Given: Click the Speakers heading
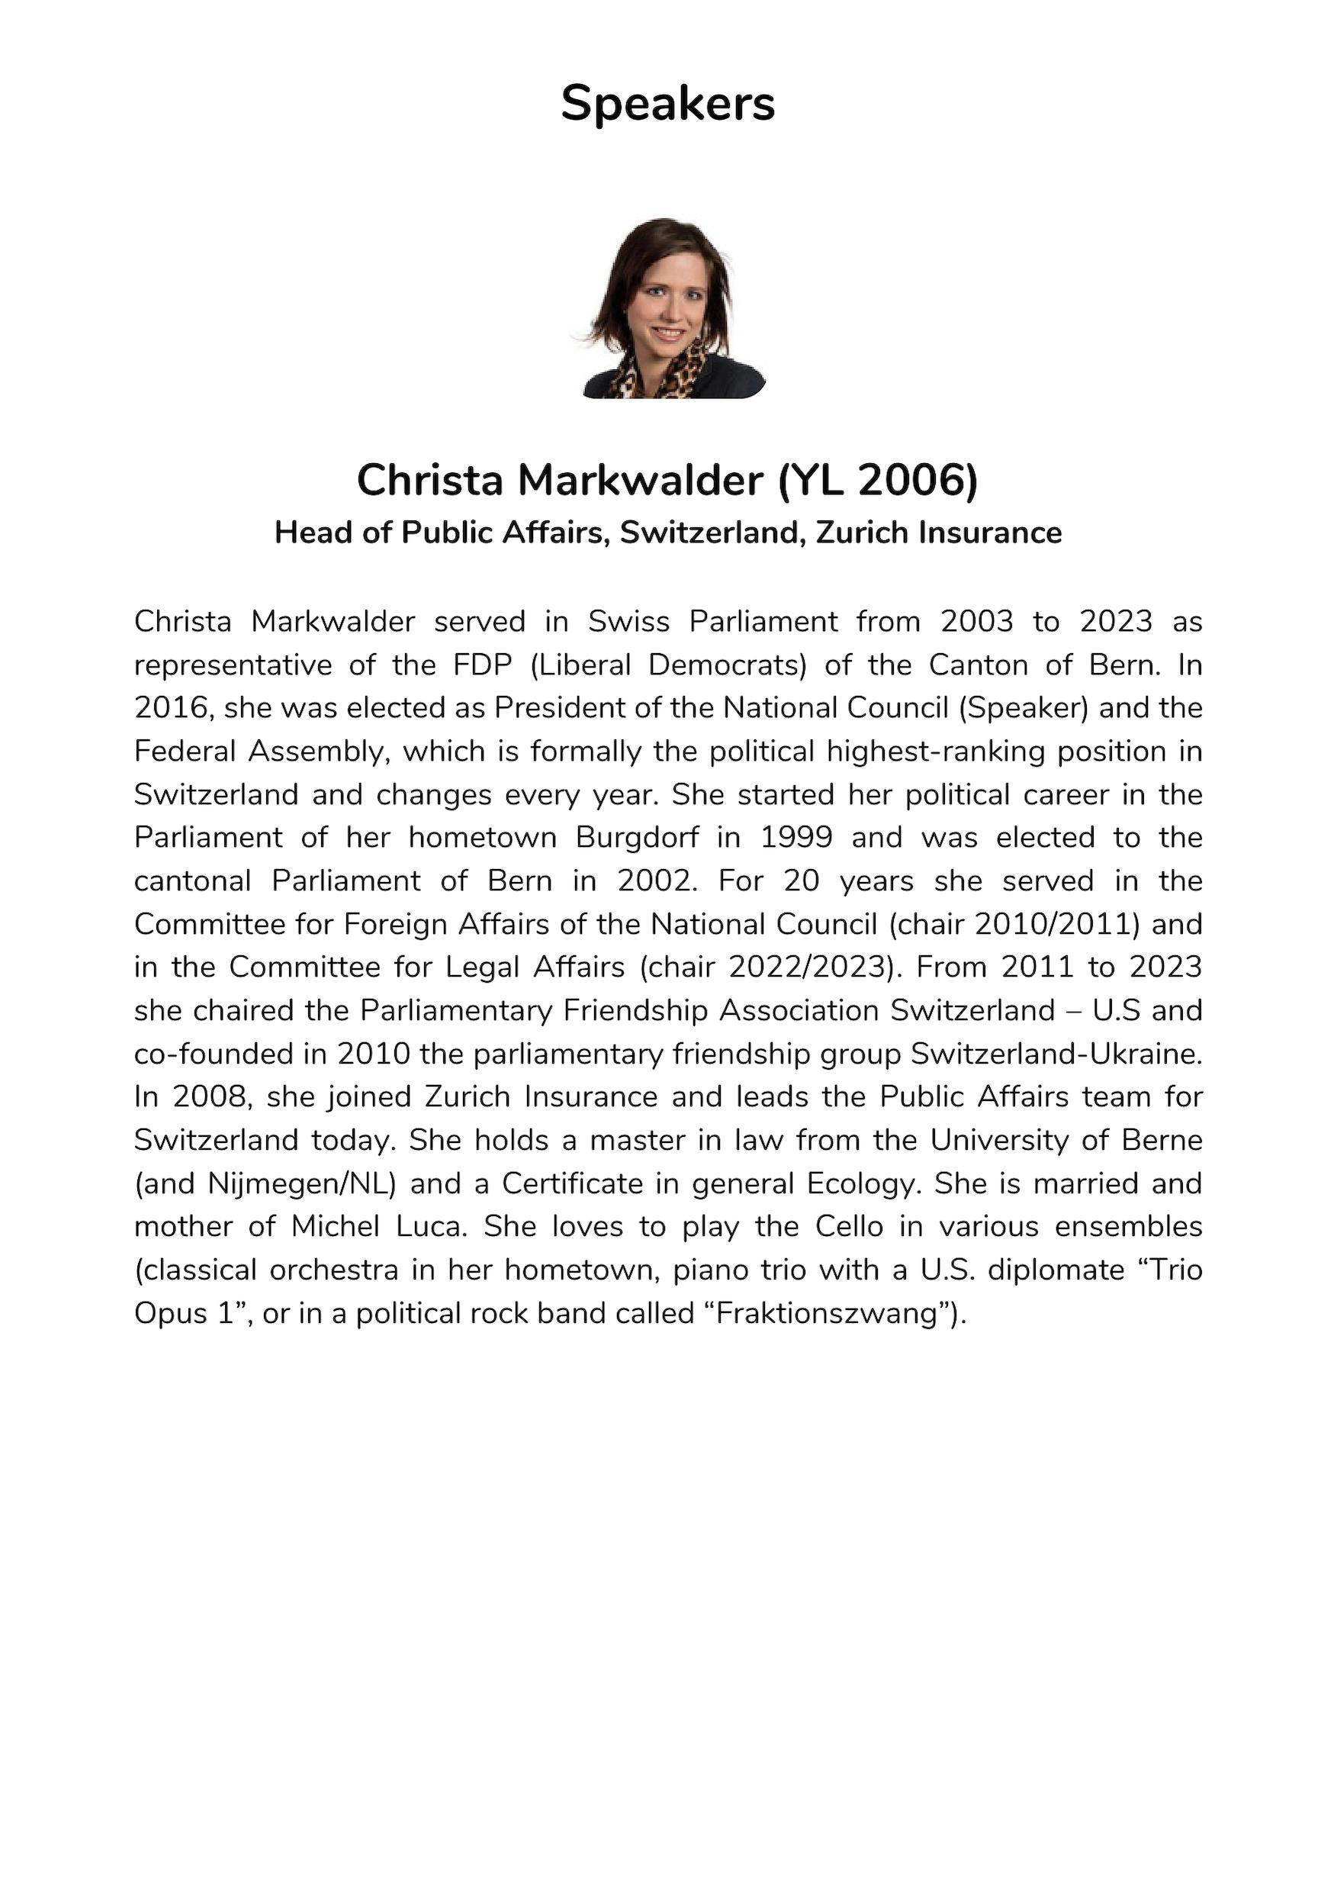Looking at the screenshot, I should (x=667, y=104).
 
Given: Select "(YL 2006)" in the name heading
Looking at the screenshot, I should (x=878, y=480).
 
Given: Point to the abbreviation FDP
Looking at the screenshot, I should (x=482, y=665).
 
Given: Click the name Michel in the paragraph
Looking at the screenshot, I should (x=333, y=1227).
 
